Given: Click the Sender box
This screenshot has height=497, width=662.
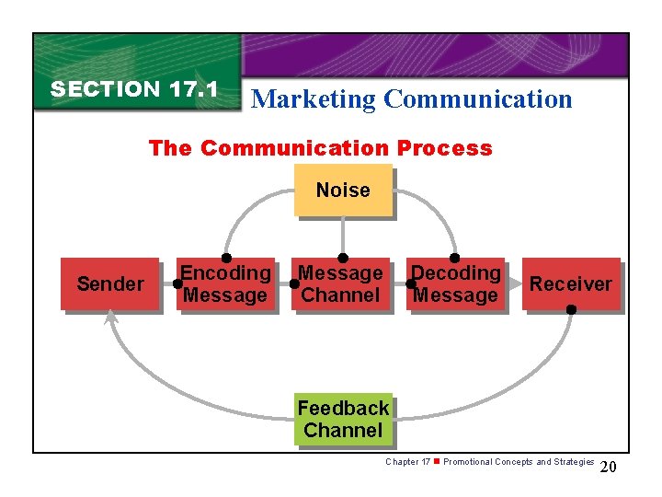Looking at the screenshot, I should click(x=110, y=283).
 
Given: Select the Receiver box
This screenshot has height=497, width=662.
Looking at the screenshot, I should click(x=570, y=283).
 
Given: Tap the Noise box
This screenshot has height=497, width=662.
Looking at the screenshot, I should click(x=343, y=191).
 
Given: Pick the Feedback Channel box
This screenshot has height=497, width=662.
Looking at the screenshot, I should click(x=343, y=419).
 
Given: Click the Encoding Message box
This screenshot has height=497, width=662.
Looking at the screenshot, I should click(x=225, y=283).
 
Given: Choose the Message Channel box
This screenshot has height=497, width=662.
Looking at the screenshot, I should click(x=340, y=283).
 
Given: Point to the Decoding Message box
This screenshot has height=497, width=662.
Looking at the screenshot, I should click(x=456, y=283).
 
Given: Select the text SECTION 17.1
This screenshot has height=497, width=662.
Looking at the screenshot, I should click(x=134, y=89).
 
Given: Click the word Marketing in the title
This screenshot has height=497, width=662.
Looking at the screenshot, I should click(x=314, y=99).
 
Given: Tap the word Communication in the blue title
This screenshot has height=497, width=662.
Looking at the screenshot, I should click(x=478, y=99).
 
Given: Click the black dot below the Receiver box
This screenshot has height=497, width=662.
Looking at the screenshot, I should click(x=571, y=310).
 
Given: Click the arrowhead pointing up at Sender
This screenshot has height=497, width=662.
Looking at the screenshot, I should click(x=111, y=317).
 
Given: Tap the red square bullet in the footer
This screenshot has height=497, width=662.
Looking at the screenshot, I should click(x=437, y=461).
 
